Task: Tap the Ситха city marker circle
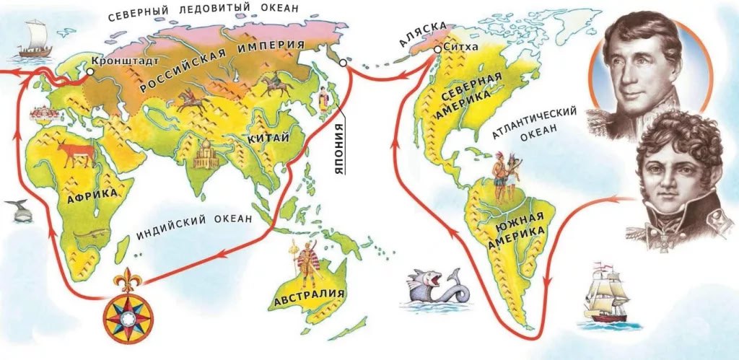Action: pos(437,50)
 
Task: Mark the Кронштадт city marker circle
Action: pos(89,72)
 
